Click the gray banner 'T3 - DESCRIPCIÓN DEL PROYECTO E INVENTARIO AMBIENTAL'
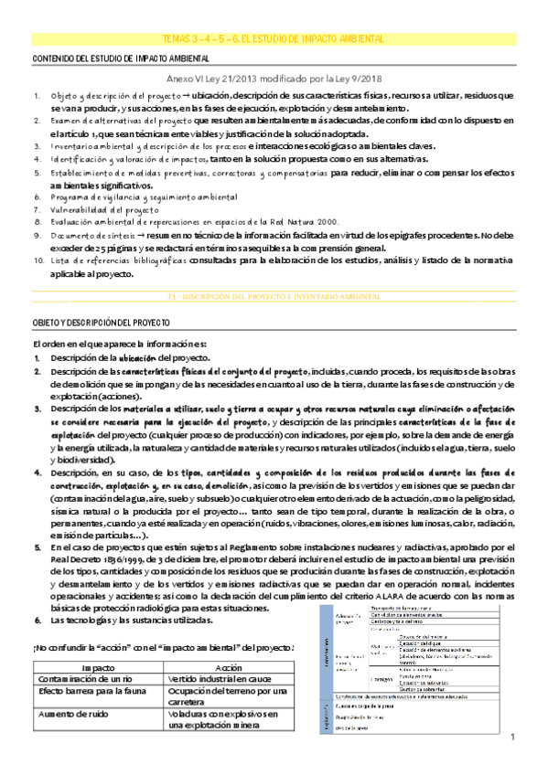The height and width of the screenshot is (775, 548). pyautogui.click(x=274, y=298)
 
